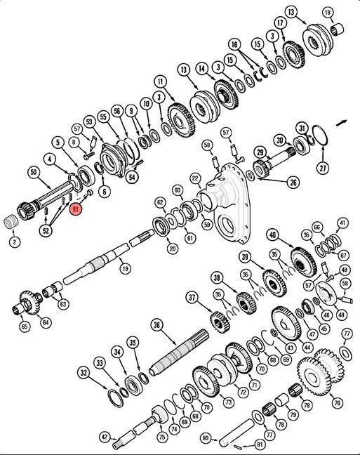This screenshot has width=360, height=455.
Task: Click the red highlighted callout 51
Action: [x=76, y=209]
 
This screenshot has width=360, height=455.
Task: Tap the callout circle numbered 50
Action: [x=34, y=172]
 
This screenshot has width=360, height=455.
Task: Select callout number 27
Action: [x=323, y=167]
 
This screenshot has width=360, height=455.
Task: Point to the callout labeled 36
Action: [x=156, y=325]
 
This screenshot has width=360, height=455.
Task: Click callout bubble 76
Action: [x=337, y=403]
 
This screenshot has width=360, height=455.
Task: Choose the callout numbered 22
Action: [x=196, y=179]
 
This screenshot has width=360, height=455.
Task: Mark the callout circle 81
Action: [x=260, y=444]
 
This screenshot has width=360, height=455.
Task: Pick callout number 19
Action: [x=125, y=268]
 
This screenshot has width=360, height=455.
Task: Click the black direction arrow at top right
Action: [x=341, y=123]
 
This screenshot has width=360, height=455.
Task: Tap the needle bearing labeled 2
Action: [x=12, y=223]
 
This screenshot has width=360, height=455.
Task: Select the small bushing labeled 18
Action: [x=338, y=29]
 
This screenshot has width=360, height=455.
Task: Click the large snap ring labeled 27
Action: [x=320, y=136]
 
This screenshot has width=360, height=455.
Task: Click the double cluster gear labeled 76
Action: [x=321, y=371]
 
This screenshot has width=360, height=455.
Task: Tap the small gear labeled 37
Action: [x=220, y=322]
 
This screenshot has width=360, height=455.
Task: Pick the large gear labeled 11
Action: [x=181, y=119]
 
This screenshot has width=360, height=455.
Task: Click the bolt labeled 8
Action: [x=88, y=156]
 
